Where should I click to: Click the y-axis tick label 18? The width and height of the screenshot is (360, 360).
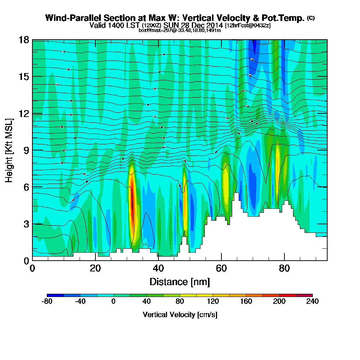coord(24,40)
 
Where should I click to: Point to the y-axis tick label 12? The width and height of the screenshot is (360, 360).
coord(24,113)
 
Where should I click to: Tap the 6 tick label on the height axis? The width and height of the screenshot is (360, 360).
coord(26,187)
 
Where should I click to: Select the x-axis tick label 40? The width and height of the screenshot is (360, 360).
coord(158,268)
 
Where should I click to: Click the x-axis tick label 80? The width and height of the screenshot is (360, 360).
coord(284,268)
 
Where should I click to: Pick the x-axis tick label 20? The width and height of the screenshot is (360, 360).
coord(95,268)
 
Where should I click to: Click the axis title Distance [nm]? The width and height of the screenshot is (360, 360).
coord(180,281)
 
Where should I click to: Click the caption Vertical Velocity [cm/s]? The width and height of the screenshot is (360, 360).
coord(180,315)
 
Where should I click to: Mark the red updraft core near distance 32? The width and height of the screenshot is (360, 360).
coord(132,205)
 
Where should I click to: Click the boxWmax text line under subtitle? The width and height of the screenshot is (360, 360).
coord(180,30)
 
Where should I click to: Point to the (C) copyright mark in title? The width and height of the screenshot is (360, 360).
coord(311,18)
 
